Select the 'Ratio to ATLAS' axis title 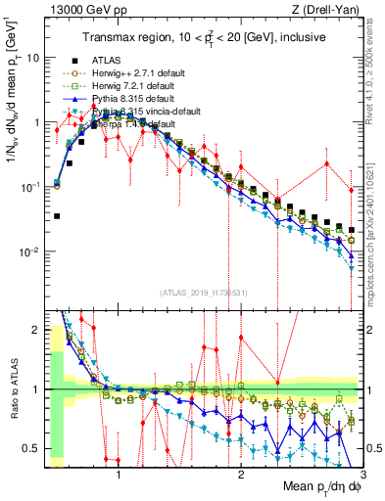coord(15,389)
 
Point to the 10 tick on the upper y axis coord(32,58)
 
